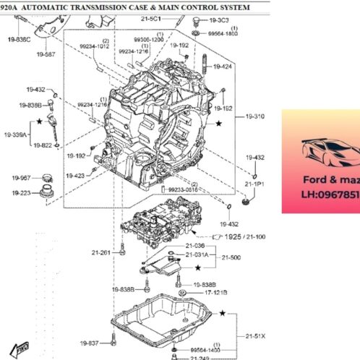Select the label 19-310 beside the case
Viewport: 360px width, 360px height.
point(254,116)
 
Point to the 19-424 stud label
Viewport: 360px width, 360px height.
point(223,67)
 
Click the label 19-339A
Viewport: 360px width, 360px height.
point(16,134)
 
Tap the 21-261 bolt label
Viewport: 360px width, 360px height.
point(101,252)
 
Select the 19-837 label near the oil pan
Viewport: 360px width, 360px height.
point(90,343)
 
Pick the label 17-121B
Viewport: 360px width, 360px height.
point(215,293)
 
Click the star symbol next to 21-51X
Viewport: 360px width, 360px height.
point(223,313)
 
